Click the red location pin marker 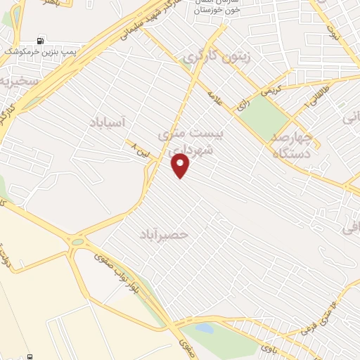181,165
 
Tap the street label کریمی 270,90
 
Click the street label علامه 215,97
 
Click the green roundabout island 77,242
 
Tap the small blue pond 204,328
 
